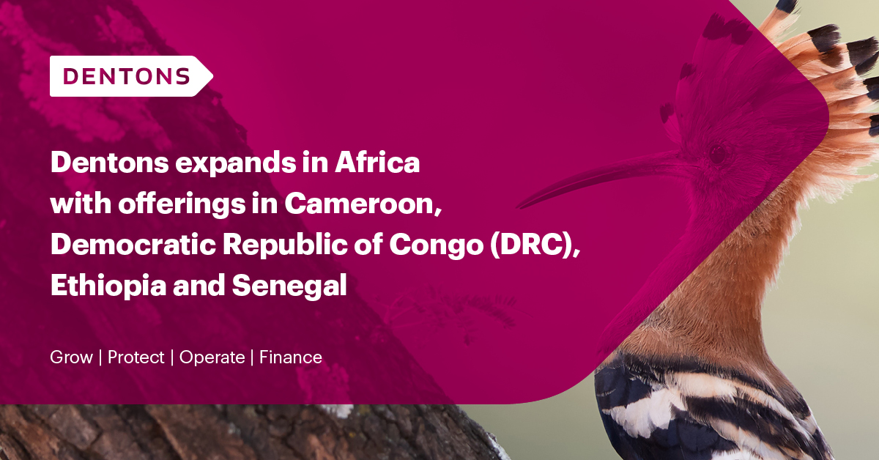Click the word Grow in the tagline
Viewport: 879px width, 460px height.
click(x=71, y=357)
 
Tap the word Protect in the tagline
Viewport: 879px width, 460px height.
click(x=136, y=357)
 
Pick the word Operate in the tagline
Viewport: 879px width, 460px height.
click(x=212, y=357)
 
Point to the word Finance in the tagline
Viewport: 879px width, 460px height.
click(x=290, y=357)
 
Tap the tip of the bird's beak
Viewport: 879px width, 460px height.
click(x=522, y=204)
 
